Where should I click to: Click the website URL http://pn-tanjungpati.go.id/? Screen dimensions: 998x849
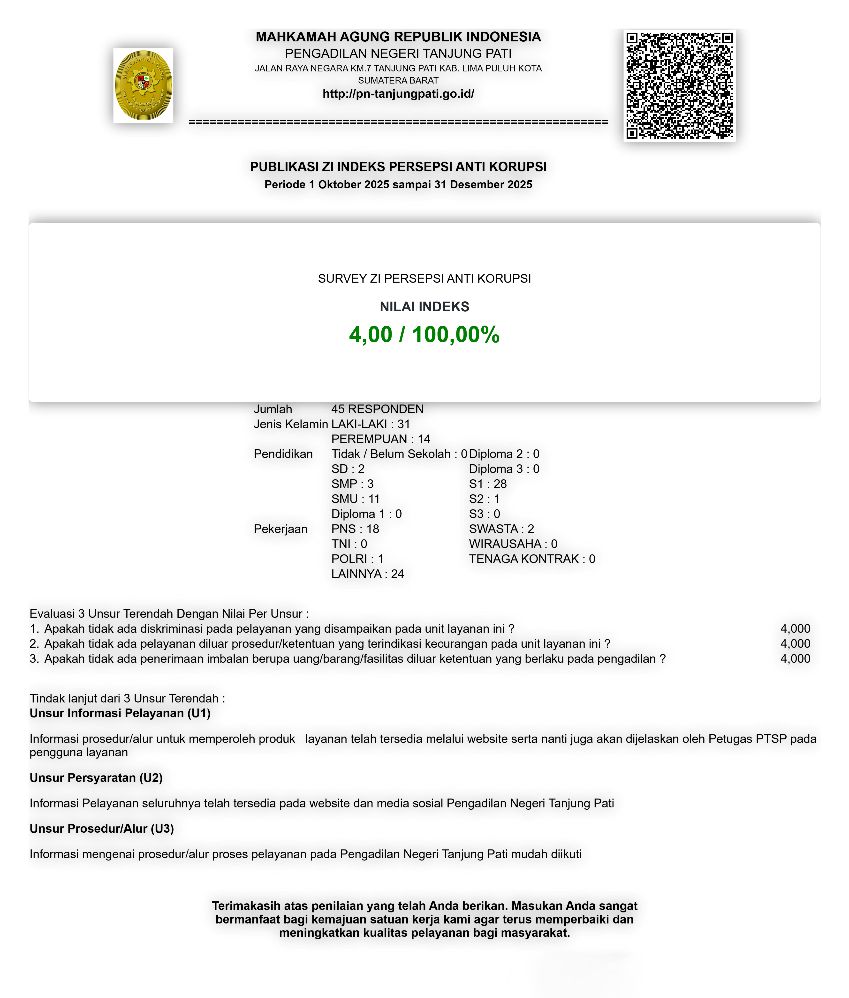[398, 94]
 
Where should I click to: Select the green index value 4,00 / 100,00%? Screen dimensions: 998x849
[424, 335]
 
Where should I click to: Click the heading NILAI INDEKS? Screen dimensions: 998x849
[424, 307]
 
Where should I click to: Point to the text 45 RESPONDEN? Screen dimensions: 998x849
[377, 409]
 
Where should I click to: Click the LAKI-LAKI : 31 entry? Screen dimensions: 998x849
[371, 424]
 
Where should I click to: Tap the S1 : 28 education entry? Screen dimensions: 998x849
[488, 484]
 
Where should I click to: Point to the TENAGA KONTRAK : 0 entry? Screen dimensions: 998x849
[532, 559]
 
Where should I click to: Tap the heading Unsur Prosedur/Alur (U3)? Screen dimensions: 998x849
[102, 829]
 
